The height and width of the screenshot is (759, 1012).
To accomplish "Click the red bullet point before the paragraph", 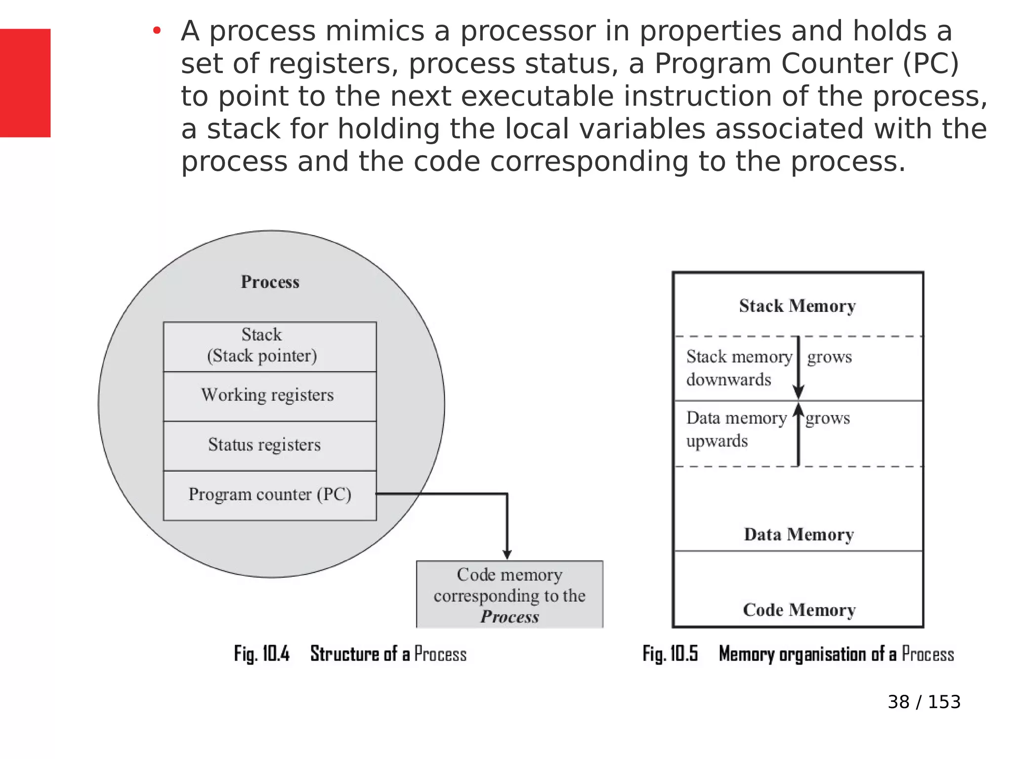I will (x=157, y=31).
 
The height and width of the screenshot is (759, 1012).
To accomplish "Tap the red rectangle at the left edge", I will (x=25, y=83).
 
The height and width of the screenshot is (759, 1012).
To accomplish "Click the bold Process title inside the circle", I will (x=270, y=282).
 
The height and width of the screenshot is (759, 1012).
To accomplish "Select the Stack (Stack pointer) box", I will (x=270, y=346).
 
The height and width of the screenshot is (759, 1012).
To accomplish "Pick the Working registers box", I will (x=270, y=396).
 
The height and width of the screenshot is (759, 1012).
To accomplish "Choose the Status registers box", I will (x=270, y=445).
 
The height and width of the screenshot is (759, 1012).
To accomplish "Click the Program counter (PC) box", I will (x=270, y=495).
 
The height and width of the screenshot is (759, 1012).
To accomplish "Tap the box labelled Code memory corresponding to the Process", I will (x=509, y=595).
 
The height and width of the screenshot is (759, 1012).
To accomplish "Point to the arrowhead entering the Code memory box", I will (x=507, y=554).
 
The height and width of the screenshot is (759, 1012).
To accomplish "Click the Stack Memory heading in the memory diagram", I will (x=797, y=306).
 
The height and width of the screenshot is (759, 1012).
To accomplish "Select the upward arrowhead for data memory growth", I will (x=798, y=409).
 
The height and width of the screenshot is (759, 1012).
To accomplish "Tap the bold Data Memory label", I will (x=799, y=535).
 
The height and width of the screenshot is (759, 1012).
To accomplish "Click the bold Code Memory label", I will (x=799, y=610).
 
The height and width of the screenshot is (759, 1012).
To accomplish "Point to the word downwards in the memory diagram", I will (x=728, y=379).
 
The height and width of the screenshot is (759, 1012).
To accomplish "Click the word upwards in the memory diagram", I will (x=717, y=441).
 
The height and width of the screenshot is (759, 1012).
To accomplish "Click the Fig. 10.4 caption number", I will (x=262, y=654).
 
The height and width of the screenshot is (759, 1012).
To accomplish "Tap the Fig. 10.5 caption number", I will (x=670, y=654).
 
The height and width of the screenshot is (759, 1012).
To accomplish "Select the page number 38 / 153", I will (x=924, y=702).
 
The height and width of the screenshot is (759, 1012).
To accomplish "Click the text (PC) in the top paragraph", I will (x=930, y=64).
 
